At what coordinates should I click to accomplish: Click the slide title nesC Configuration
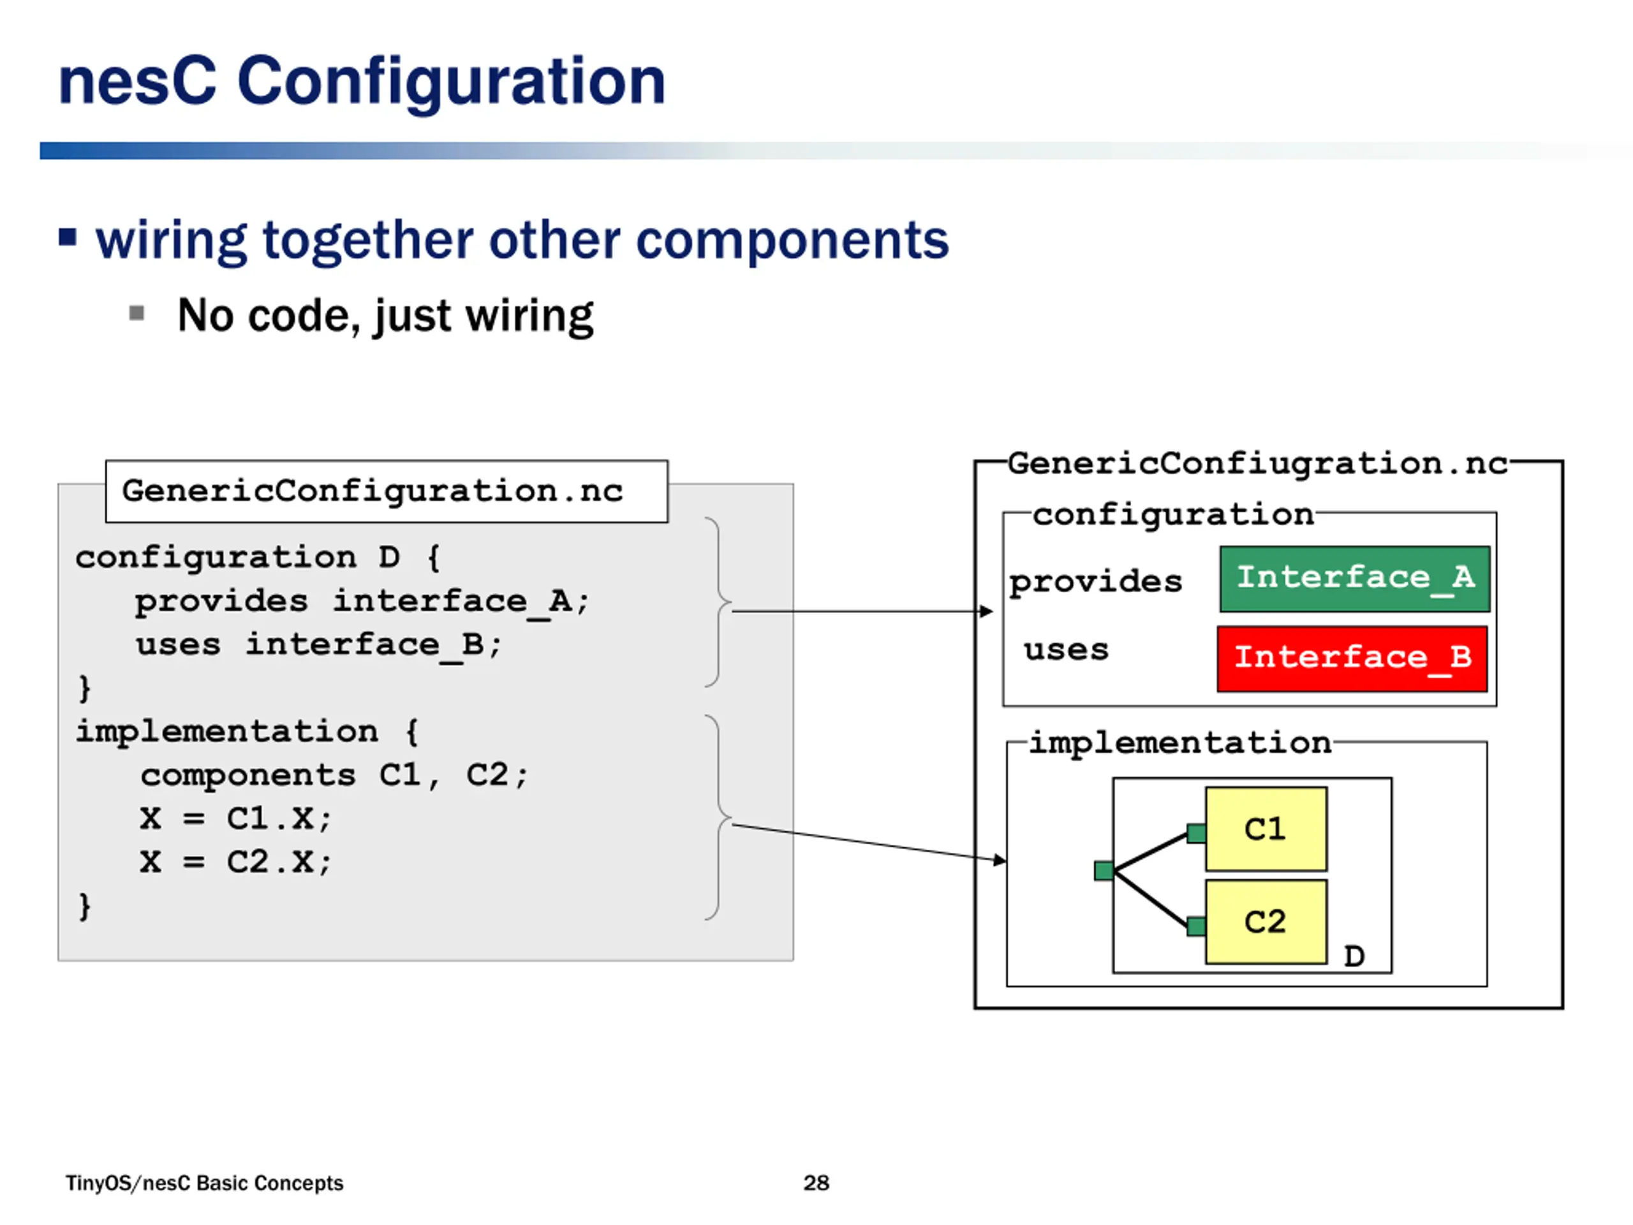click(x=362, y=83)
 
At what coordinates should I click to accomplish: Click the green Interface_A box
click(x=1355, y=579)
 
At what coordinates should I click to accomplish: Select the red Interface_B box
click(x=1352, y=658)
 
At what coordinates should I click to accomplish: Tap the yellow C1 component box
click(x=1266, y=829)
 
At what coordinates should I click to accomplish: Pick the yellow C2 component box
click(x=1266, y=921)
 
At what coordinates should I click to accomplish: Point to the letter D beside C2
click(x=1354, y=956)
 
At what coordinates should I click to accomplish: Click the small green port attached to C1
click(x=1197, y=834)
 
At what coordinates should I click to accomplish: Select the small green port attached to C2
click(x=1197, y=926)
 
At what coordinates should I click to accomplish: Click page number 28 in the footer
click(x=816, y=1183)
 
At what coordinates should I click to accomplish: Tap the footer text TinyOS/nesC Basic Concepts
click(x=205, y=1183)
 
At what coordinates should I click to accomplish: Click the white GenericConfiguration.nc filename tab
click(x=387, y=492)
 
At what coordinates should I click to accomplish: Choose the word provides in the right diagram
click(x=1095, y=582)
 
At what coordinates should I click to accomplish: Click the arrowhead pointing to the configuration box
click(x=986, y=611)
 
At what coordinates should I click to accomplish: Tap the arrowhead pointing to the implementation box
click(x=1000, y=860)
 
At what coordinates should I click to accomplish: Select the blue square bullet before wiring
click(x=67, y=238)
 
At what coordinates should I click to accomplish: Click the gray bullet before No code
click(x=137, y=314)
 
